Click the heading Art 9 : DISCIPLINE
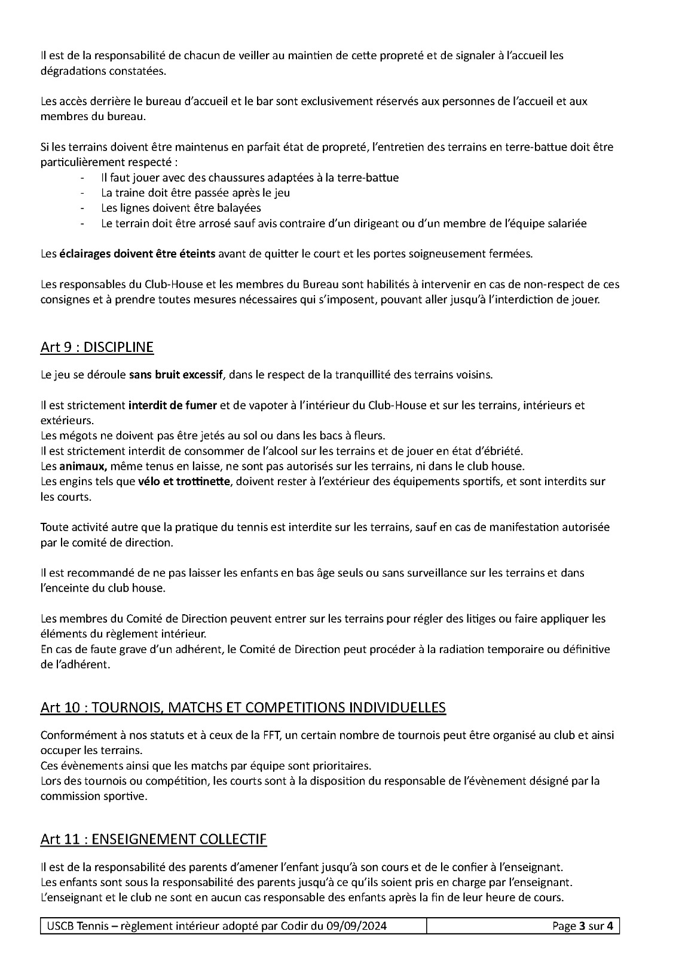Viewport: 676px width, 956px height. (97, 347)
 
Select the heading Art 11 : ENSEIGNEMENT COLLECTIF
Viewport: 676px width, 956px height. (154, 839)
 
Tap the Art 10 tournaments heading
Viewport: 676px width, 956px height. (243, 707)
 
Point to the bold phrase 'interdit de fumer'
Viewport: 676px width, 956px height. (172, 405)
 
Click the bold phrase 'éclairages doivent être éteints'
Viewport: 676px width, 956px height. (137, 253)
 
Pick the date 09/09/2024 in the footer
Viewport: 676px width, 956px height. (356, 926)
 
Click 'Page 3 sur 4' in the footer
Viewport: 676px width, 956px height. (583, 926)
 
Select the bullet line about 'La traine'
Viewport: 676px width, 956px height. (195, 193)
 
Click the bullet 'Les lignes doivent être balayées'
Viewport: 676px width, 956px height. (181, 208)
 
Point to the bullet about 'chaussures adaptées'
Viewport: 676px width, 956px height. (250, 177)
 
